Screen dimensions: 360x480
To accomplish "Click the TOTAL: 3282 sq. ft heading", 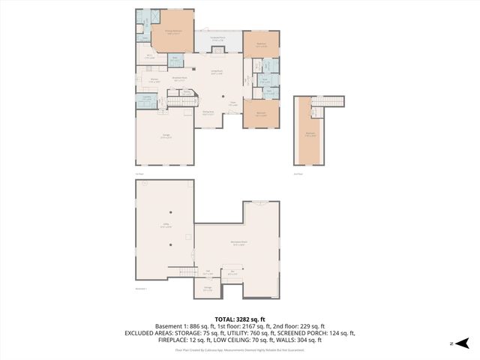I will pyautogui.click(x=240, y=318).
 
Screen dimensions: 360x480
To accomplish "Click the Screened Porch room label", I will pyautogui.click(x=218, y=40).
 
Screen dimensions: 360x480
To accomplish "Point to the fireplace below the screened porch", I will pyautogui.click(x=218, y=50).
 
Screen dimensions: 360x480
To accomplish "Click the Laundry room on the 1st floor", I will pyautogui.click(x=145, y=99).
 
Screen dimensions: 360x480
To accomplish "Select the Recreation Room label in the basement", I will pyautogui.click(x=239, y=243).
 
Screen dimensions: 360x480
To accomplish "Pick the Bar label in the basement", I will pyautogui.click(x=233, y=271).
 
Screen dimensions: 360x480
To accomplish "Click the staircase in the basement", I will pyautogui.click(x=181, y=271).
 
